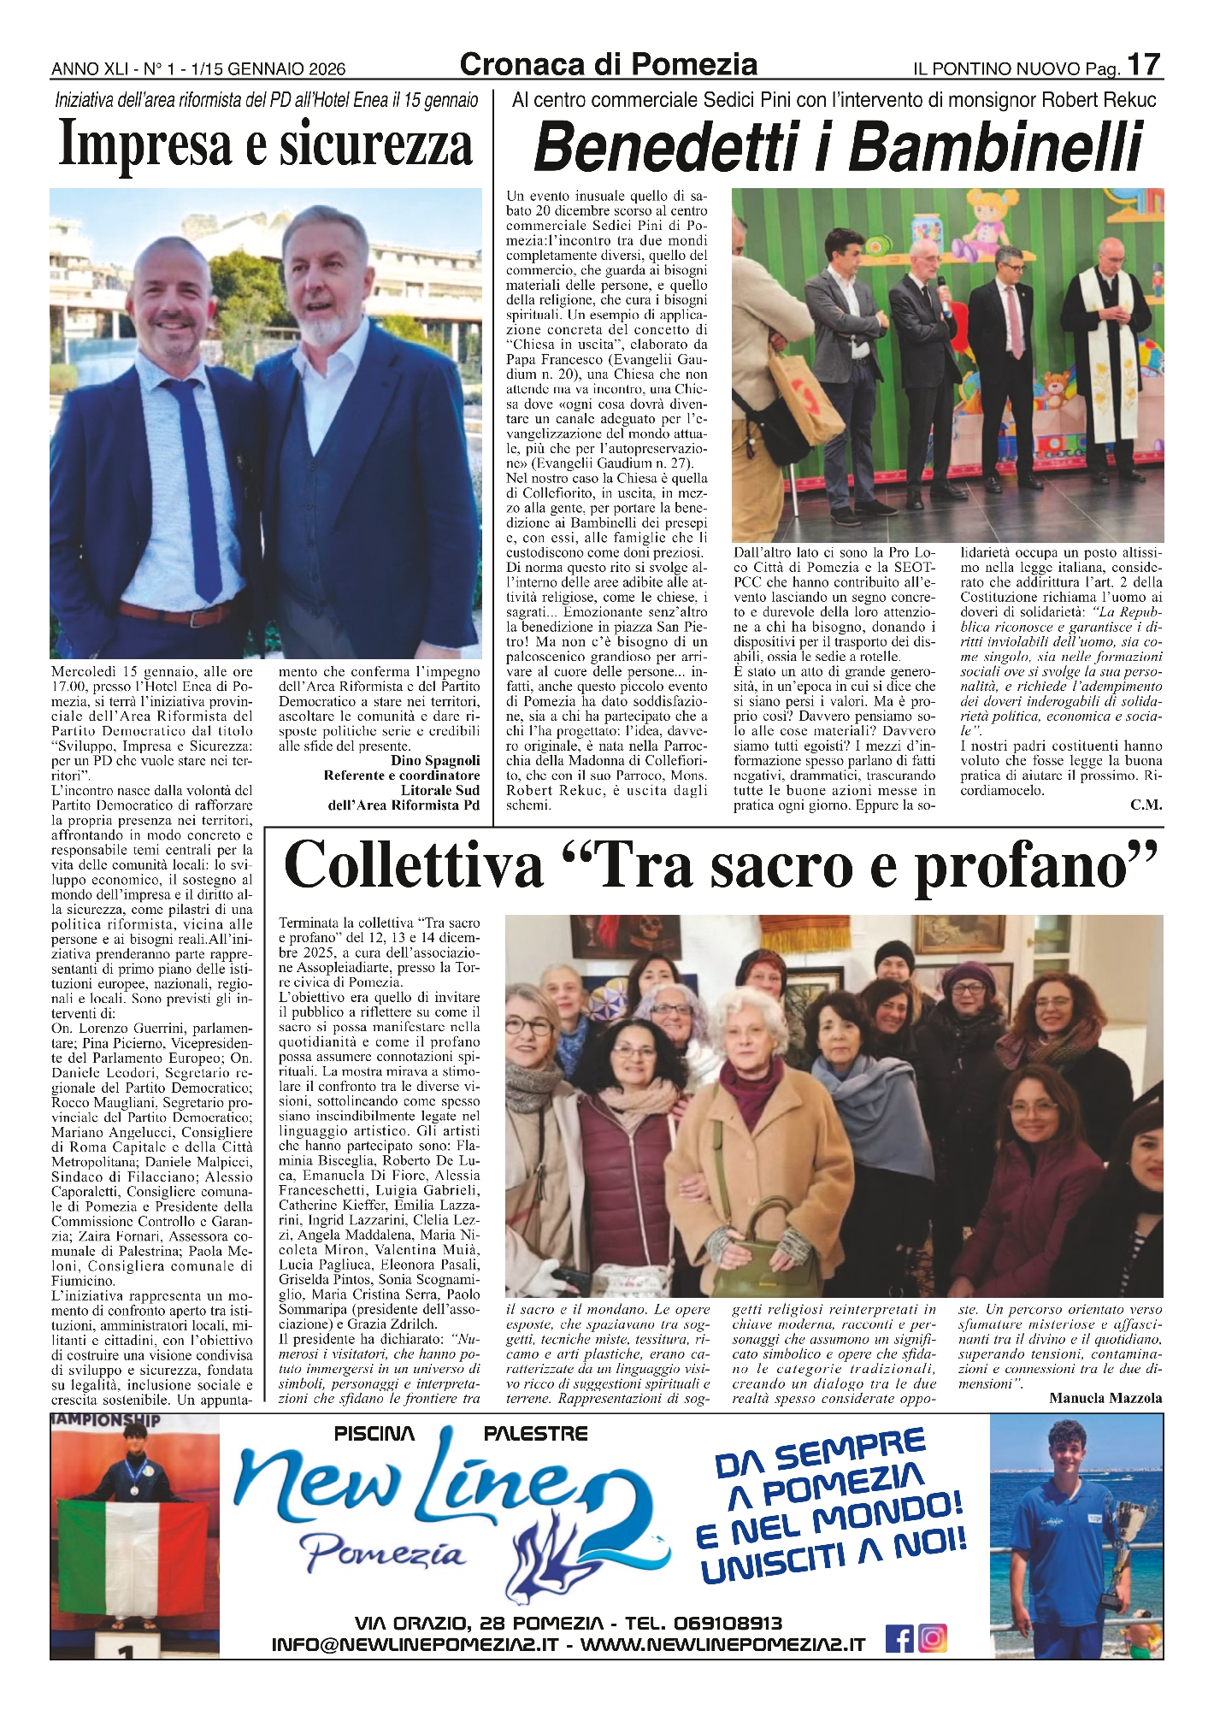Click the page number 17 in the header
tap(1143, 65)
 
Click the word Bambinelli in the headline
tap(996, 147)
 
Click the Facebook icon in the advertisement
tap(899, 1638)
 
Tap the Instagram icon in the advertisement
tap(933, 1638)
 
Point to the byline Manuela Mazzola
tap(1105, 1398)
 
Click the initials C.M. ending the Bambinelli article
tap(1146, 805)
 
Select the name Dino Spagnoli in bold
tap(435, 760)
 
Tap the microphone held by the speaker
tap(942, 293)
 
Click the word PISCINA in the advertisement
tap(374, 1434)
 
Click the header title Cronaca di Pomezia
tap(608, 64)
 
